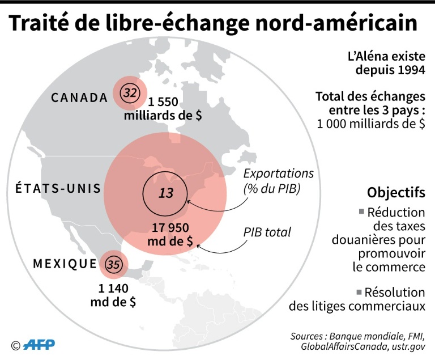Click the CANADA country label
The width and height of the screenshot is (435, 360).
79,98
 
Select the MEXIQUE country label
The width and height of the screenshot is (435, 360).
65,264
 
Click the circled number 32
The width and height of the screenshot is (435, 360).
130,94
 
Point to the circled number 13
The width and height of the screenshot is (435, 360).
165,193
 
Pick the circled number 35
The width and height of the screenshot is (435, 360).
113,264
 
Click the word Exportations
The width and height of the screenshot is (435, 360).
279,173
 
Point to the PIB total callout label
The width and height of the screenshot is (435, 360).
267,232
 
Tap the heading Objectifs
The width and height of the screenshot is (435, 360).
396,193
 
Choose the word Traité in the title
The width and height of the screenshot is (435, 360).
42,24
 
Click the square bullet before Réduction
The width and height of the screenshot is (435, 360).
361,213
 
